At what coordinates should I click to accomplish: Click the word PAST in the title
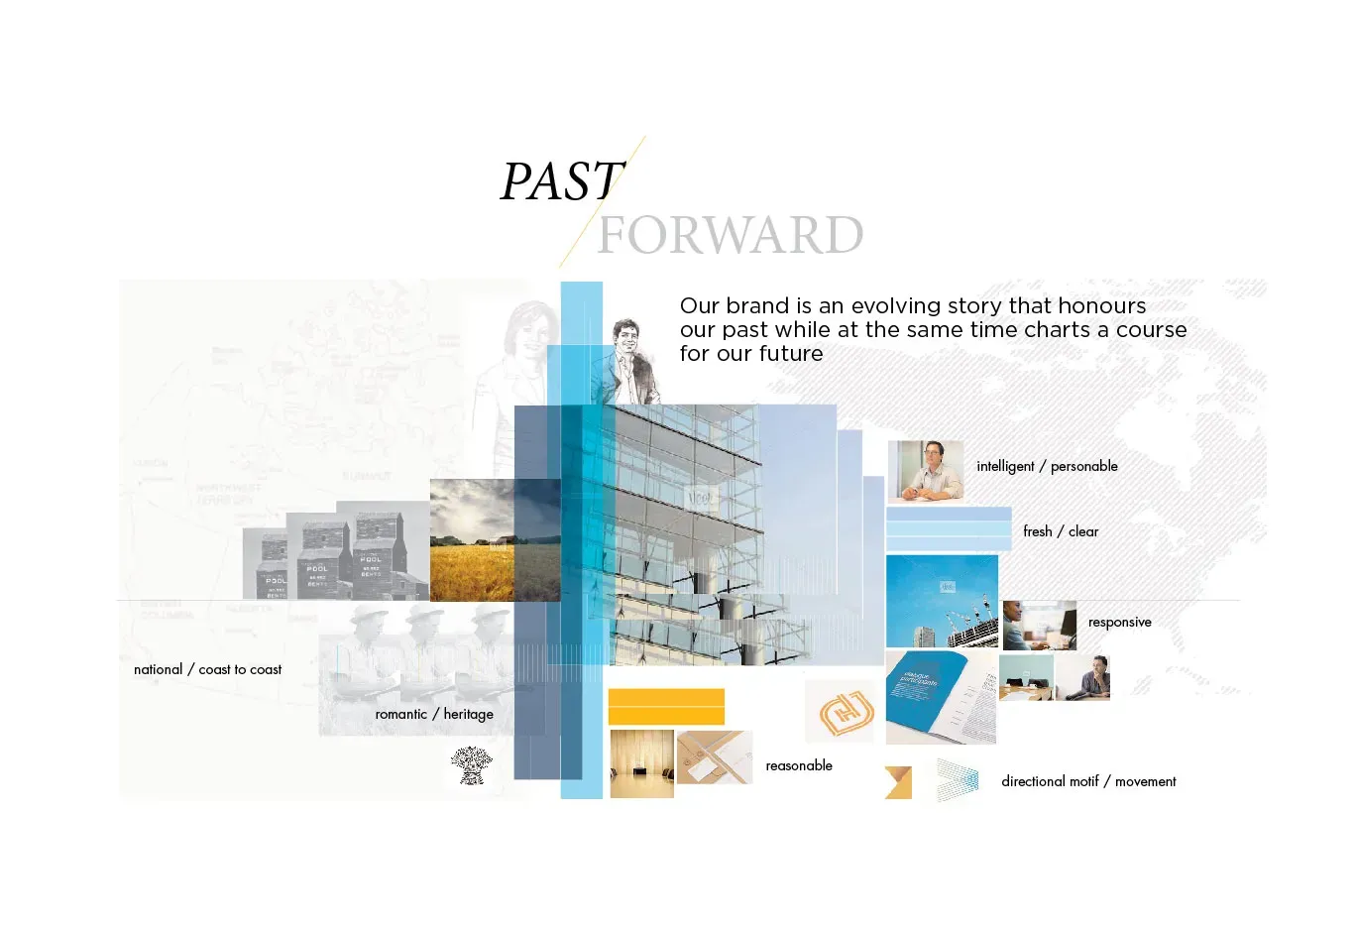click(562, 182)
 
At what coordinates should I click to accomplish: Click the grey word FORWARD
click(731, 235)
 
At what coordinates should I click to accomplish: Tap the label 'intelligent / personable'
click(1047, 466)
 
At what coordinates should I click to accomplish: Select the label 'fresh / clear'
click(1061, 531)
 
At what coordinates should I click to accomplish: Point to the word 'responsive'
click(1119, 623)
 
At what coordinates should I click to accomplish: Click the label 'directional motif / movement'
click(1088, 781)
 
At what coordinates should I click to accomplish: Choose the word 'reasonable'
click(799, 765)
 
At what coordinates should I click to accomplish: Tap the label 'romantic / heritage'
click(434, 714)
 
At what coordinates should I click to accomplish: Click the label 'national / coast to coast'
click(207, 669)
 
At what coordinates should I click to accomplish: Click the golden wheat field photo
click(472, 540)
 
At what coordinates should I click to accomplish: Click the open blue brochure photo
click(940, 697)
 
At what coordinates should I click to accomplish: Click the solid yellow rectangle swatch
click(666, 707)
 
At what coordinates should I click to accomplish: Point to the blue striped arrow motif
click(958, 780)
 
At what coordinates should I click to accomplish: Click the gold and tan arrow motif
click(898, 782)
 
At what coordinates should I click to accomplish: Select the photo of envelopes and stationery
click(715, 757)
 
